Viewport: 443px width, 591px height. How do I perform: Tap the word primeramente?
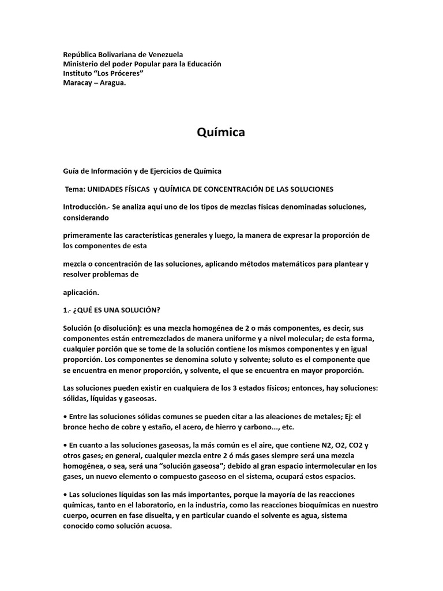pyautogui.click(x=88, y=235)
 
